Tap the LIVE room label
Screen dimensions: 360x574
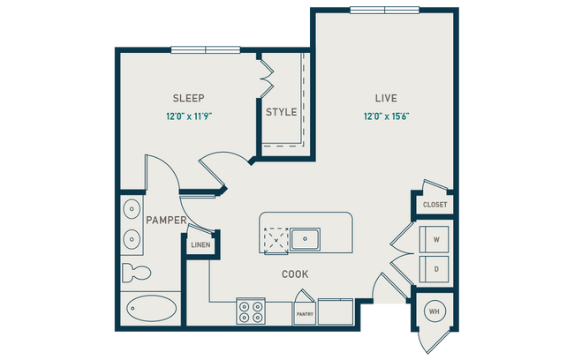tap(386, 98)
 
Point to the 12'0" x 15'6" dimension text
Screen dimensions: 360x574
tap(386, 116)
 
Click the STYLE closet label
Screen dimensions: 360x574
tap(281, 112)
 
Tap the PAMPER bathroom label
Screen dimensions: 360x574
tap(165, 220)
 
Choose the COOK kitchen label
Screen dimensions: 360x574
tap(295, 274)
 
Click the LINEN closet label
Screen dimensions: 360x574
tap(200, 244)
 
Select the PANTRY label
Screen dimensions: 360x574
tap(304, 313)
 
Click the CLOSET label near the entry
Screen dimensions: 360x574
tap(434, 205)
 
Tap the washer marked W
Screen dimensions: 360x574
tap(434, 237)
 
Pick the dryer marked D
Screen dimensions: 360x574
tap(434, 266)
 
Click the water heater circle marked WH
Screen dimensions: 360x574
tap(434, 311)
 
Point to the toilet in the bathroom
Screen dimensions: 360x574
tap(133, 271)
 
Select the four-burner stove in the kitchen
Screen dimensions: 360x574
tap(252, 311)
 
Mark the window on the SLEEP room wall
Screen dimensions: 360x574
tap(205, 49)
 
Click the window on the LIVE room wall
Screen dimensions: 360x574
tap(384, 10)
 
